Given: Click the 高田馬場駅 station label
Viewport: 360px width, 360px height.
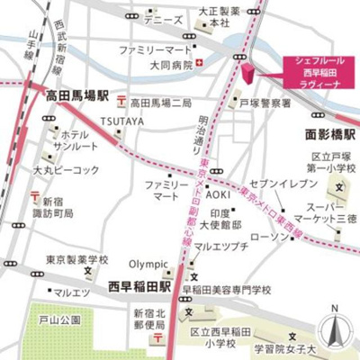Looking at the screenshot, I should coord(76,93).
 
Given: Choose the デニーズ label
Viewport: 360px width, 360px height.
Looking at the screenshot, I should coord(163,19).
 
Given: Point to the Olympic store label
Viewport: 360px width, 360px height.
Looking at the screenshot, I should coord(148,264).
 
